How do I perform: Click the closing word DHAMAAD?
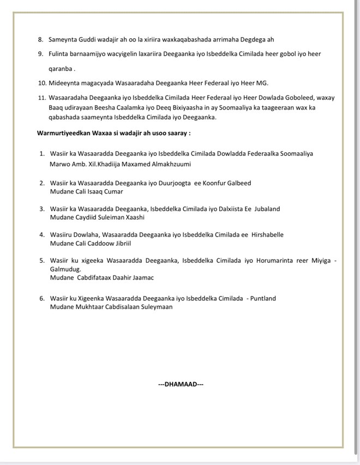click(181, 384)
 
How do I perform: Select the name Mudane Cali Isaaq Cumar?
click(86, 191)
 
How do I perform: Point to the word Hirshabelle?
click(267, 234)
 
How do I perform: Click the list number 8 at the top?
click(40, 40)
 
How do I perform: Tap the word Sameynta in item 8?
click(64, 40)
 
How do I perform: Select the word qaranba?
click(60, 69)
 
